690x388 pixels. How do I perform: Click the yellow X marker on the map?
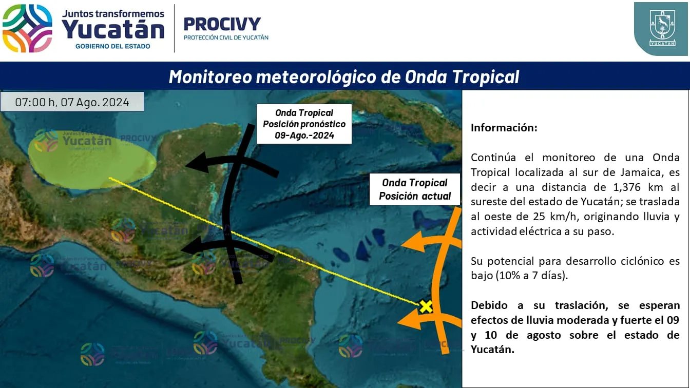pyautogui.click(x=426, y=306)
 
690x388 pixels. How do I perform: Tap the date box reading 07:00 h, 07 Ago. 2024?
pyautogui.click(x=72, y=102)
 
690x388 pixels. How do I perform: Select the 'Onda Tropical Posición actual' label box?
pyautogui.click(x=415, y=189)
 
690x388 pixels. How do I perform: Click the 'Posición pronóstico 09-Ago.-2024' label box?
pyautogui.click(x=304, y=124)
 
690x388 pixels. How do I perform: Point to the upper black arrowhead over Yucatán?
pyautogui.click(x=196, y=162)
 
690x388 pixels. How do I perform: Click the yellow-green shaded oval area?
pyautogui.click(x=92, y=160)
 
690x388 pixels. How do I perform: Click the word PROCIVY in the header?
pyautogui.click(x=222, y=24)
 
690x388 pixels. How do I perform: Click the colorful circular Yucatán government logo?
pyautogui.click(x=27, y=28)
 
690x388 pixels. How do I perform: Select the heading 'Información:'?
pyautogui.click(x=504, y=127)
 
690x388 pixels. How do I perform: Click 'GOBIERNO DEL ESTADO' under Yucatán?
pyautogui.click(x=113, y=46)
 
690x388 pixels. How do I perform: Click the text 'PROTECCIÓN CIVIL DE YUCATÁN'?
pyautogui.click(x=226, y=37)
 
